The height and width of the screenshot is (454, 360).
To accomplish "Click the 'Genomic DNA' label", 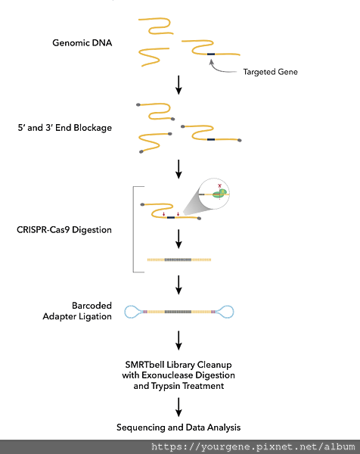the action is pos(82,43).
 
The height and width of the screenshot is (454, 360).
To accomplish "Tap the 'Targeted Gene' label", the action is pos(270,72).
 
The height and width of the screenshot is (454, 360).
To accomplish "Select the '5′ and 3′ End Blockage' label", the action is pos(65,128).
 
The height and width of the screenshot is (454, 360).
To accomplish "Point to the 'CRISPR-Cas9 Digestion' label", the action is pos(64,230).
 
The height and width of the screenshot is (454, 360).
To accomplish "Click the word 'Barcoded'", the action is pos(92,306).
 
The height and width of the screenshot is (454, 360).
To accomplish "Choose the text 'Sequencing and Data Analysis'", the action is pos(178,428).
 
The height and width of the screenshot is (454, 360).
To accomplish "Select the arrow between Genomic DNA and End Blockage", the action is pos(178,85).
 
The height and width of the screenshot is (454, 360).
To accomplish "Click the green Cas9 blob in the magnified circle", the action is pos(219,194).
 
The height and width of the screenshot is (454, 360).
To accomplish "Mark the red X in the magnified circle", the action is pos(219,186).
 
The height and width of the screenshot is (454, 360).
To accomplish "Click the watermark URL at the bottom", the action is pos(253,446).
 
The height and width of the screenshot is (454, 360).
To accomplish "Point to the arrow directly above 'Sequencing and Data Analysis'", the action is pos(178,407).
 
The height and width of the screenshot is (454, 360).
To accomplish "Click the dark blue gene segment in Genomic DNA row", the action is pos(211,54).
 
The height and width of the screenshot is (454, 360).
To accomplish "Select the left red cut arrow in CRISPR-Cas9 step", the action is pos(164,214).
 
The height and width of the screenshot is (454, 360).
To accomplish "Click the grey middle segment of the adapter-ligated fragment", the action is pos(178,312).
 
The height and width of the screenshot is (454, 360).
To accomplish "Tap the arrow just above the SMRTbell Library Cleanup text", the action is pos(178,340).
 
